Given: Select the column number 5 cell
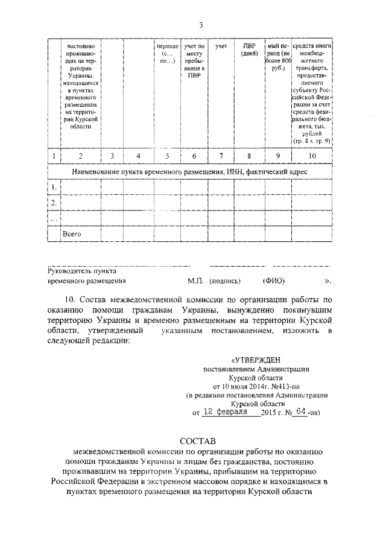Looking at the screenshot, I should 166,156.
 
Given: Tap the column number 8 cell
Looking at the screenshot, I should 249,156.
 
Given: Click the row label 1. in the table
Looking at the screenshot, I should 54,188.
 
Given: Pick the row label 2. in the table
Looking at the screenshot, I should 54,202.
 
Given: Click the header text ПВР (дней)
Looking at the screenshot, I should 249,49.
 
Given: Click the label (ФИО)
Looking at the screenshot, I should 274,281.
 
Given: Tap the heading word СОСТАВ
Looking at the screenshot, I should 201,442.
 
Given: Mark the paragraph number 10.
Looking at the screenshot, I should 70,299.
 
